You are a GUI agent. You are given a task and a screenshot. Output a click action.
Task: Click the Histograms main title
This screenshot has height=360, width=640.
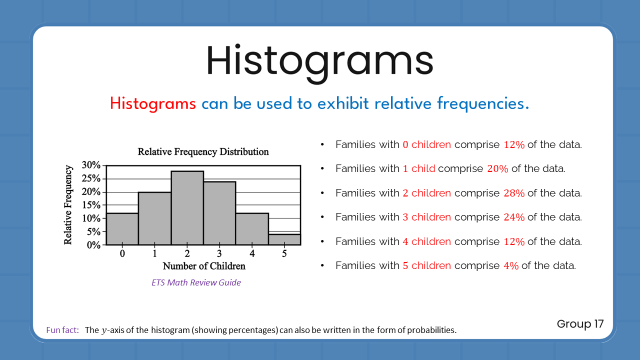pyautogui.click(x=319, y=60)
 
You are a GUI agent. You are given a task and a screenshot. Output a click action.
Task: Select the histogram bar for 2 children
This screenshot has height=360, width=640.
pyautogui.click(x=187, y=208)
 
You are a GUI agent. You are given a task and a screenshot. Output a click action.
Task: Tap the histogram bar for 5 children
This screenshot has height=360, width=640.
pyautogui.click(x=284, y=239)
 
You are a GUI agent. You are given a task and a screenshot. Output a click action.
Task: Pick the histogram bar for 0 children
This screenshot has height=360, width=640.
pyautogui.click(x=122, y=229)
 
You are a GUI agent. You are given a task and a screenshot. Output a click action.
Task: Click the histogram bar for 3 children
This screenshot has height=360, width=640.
pyautogui.click(x=219, y=213)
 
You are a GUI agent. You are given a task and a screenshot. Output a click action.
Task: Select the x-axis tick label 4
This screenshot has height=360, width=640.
pyautogui.click(x=252, y=253)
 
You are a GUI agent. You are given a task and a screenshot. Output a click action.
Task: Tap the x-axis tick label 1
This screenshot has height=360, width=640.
pyautogui.click(x=155, y=253)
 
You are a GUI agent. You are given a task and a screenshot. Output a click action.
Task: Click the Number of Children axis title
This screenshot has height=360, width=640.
pyautogui.click(x=204, y=266)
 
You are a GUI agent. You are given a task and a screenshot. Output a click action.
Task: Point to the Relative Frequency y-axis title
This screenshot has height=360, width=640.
pyautogui.click(x=68, y=205)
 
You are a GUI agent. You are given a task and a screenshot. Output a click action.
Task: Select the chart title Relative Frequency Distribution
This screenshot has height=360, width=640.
pyautogui.click(x=203, y=151)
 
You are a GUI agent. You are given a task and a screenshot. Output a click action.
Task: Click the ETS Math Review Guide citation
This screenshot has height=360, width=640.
pyautogui.click(x=196, y=282)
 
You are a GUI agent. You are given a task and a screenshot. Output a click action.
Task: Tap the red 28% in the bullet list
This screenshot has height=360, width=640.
pyautogui.click(x=514, y=193)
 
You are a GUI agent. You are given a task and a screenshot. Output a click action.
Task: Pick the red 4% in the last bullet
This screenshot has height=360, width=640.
pyautogui.click(x=511, y=265)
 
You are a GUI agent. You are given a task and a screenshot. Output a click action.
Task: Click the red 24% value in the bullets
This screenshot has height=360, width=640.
pyautogui.click(x=514, y=217)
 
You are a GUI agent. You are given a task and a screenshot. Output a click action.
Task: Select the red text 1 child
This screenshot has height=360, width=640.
pyautogui.click(x=418, y=168)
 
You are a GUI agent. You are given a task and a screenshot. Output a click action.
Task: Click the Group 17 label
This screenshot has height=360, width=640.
pyautogui.click(x=580, y=324)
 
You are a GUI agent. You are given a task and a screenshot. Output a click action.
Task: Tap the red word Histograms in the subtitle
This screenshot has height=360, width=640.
pyautogui.click(x=153, y=103)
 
